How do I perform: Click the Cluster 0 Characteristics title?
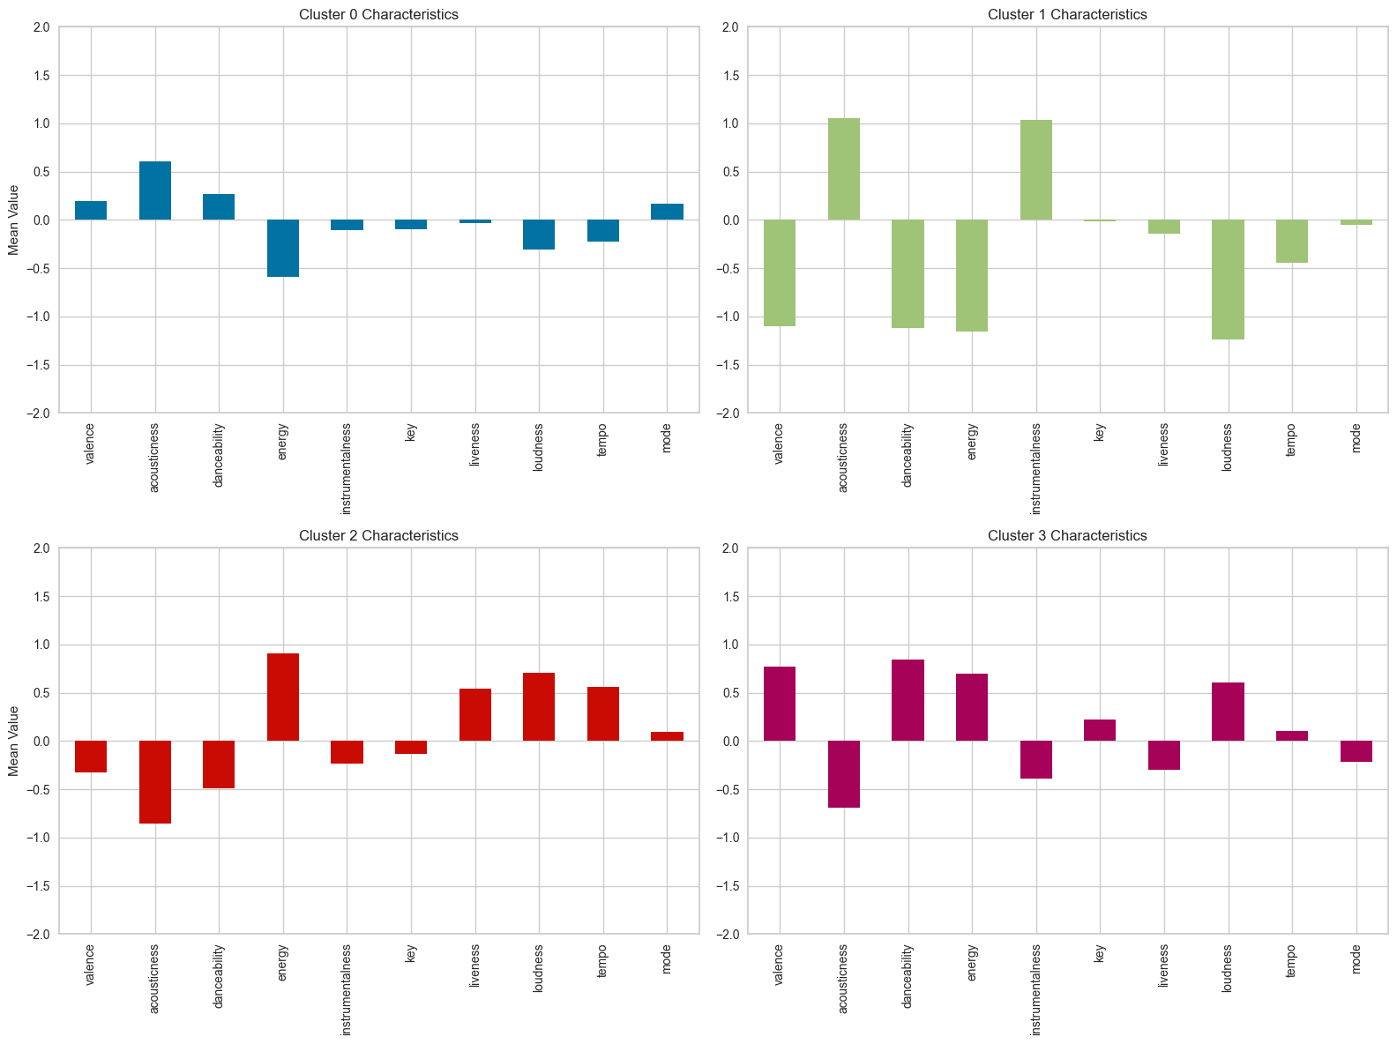coord(378,14)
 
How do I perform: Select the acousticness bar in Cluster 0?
coord(155,190)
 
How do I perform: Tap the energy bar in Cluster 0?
coord(283,248)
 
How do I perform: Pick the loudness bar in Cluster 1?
coord(1228,280)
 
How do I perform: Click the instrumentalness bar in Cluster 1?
coord(1036,170)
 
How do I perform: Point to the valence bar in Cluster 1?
coord(780,272)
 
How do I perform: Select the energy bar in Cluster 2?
coord(283,697)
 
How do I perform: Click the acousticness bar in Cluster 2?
coord(155,782)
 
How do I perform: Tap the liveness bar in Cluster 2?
coord(475,715)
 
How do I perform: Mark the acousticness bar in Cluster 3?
coord(844,774)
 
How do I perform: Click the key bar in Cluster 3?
coord(1100,730)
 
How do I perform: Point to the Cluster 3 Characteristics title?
coord(1067,535)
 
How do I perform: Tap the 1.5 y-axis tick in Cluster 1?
coord(729,75)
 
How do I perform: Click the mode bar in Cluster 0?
coord(668,212)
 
